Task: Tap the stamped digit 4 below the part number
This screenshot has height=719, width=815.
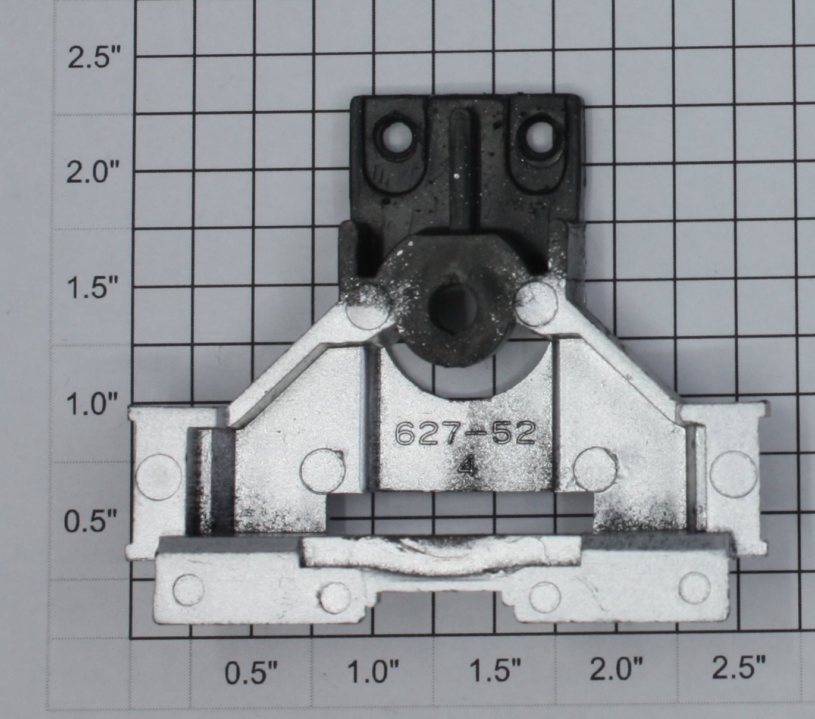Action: (x=466, y=469)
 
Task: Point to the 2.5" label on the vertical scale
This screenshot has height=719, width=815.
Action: (x=90, y=58)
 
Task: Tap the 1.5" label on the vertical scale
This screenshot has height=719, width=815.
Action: (x=90, y=287)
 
